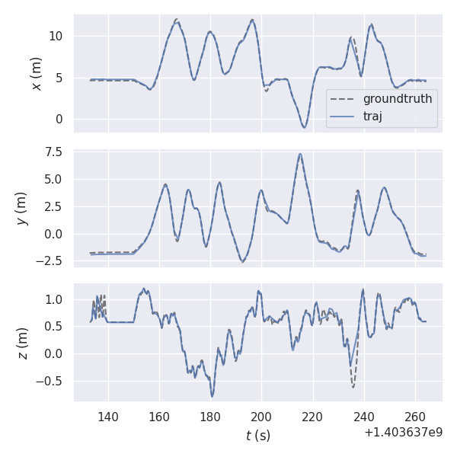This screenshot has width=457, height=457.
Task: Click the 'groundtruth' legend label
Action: tap(397, 99)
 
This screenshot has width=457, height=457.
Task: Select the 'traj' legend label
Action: tap(372, 117)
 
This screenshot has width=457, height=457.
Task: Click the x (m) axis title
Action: tap(36, 73)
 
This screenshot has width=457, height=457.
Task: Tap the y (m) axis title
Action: tap(22, 208)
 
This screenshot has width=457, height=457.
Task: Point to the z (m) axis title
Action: tap(22, 344)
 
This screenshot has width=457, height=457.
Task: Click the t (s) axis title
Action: tap(257, 436)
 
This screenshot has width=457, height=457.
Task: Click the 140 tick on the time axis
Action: tap(108, 417)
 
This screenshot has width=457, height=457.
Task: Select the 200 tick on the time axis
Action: tap(261, 417)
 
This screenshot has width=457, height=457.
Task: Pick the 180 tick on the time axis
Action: tap(210, 417)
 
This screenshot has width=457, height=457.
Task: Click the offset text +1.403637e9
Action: tap(403, 432)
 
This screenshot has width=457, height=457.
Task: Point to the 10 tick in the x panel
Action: tap(58, 37)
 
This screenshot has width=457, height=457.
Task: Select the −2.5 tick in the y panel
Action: tap(53, 261)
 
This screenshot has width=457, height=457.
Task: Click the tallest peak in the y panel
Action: tap(300, 154)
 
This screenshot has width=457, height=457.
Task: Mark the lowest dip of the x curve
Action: tap(304, 127)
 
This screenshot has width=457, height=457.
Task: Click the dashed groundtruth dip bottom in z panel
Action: tap(353, 387)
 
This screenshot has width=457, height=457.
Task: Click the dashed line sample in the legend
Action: tap(344, 99)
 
